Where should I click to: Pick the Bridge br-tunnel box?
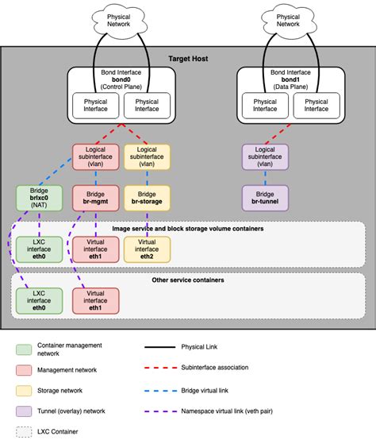(x=263, y=199)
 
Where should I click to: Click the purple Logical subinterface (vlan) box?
(x=263, y=156)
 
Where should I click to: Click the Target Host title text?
(x=187, y=59)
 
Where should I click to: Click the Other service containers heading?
(x=187, y=280)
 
